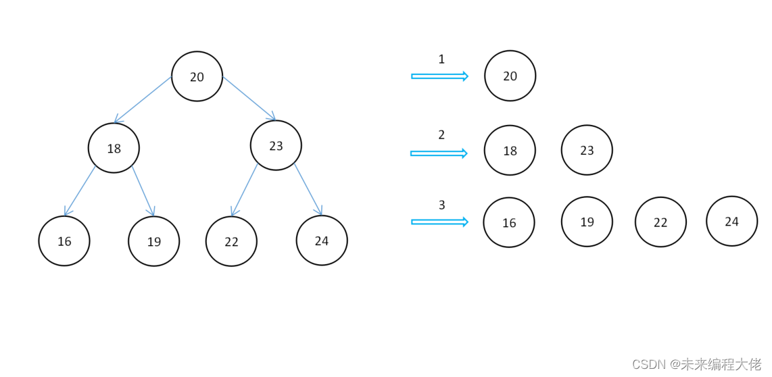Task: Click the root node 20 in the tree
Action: [197, 76]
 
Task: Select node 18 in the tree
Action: [114, 148]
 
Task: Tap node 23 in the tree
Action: [276, 145]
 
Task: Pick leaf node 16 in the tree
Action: [64, 241]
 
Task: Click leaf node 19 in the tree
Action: [154, 241]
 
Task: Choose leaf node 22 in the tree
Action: [231, 241]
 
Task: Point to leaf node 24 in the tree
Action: [322, 241]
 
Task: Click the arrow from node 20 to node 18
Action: [143, 100]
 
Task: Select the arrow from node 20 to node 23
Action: [249, 98]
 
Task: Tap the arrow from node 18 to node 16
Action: [80, 191]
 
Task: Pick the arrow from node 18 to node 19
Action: [143, 191]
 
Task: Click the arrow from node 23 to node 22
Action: [244, 190]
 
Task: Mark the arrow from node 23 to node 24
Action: [308, 189]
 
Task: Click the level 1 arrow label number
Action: [441, 59]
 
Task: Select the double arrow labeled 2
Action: [439, 153]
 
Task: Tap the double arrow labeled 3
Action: [439, 222]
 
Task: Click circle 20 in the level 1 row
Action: [510, 76]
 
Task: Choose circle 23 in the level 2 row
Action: [587, 150]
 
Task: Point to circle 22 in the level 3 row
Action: [660, 222]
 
